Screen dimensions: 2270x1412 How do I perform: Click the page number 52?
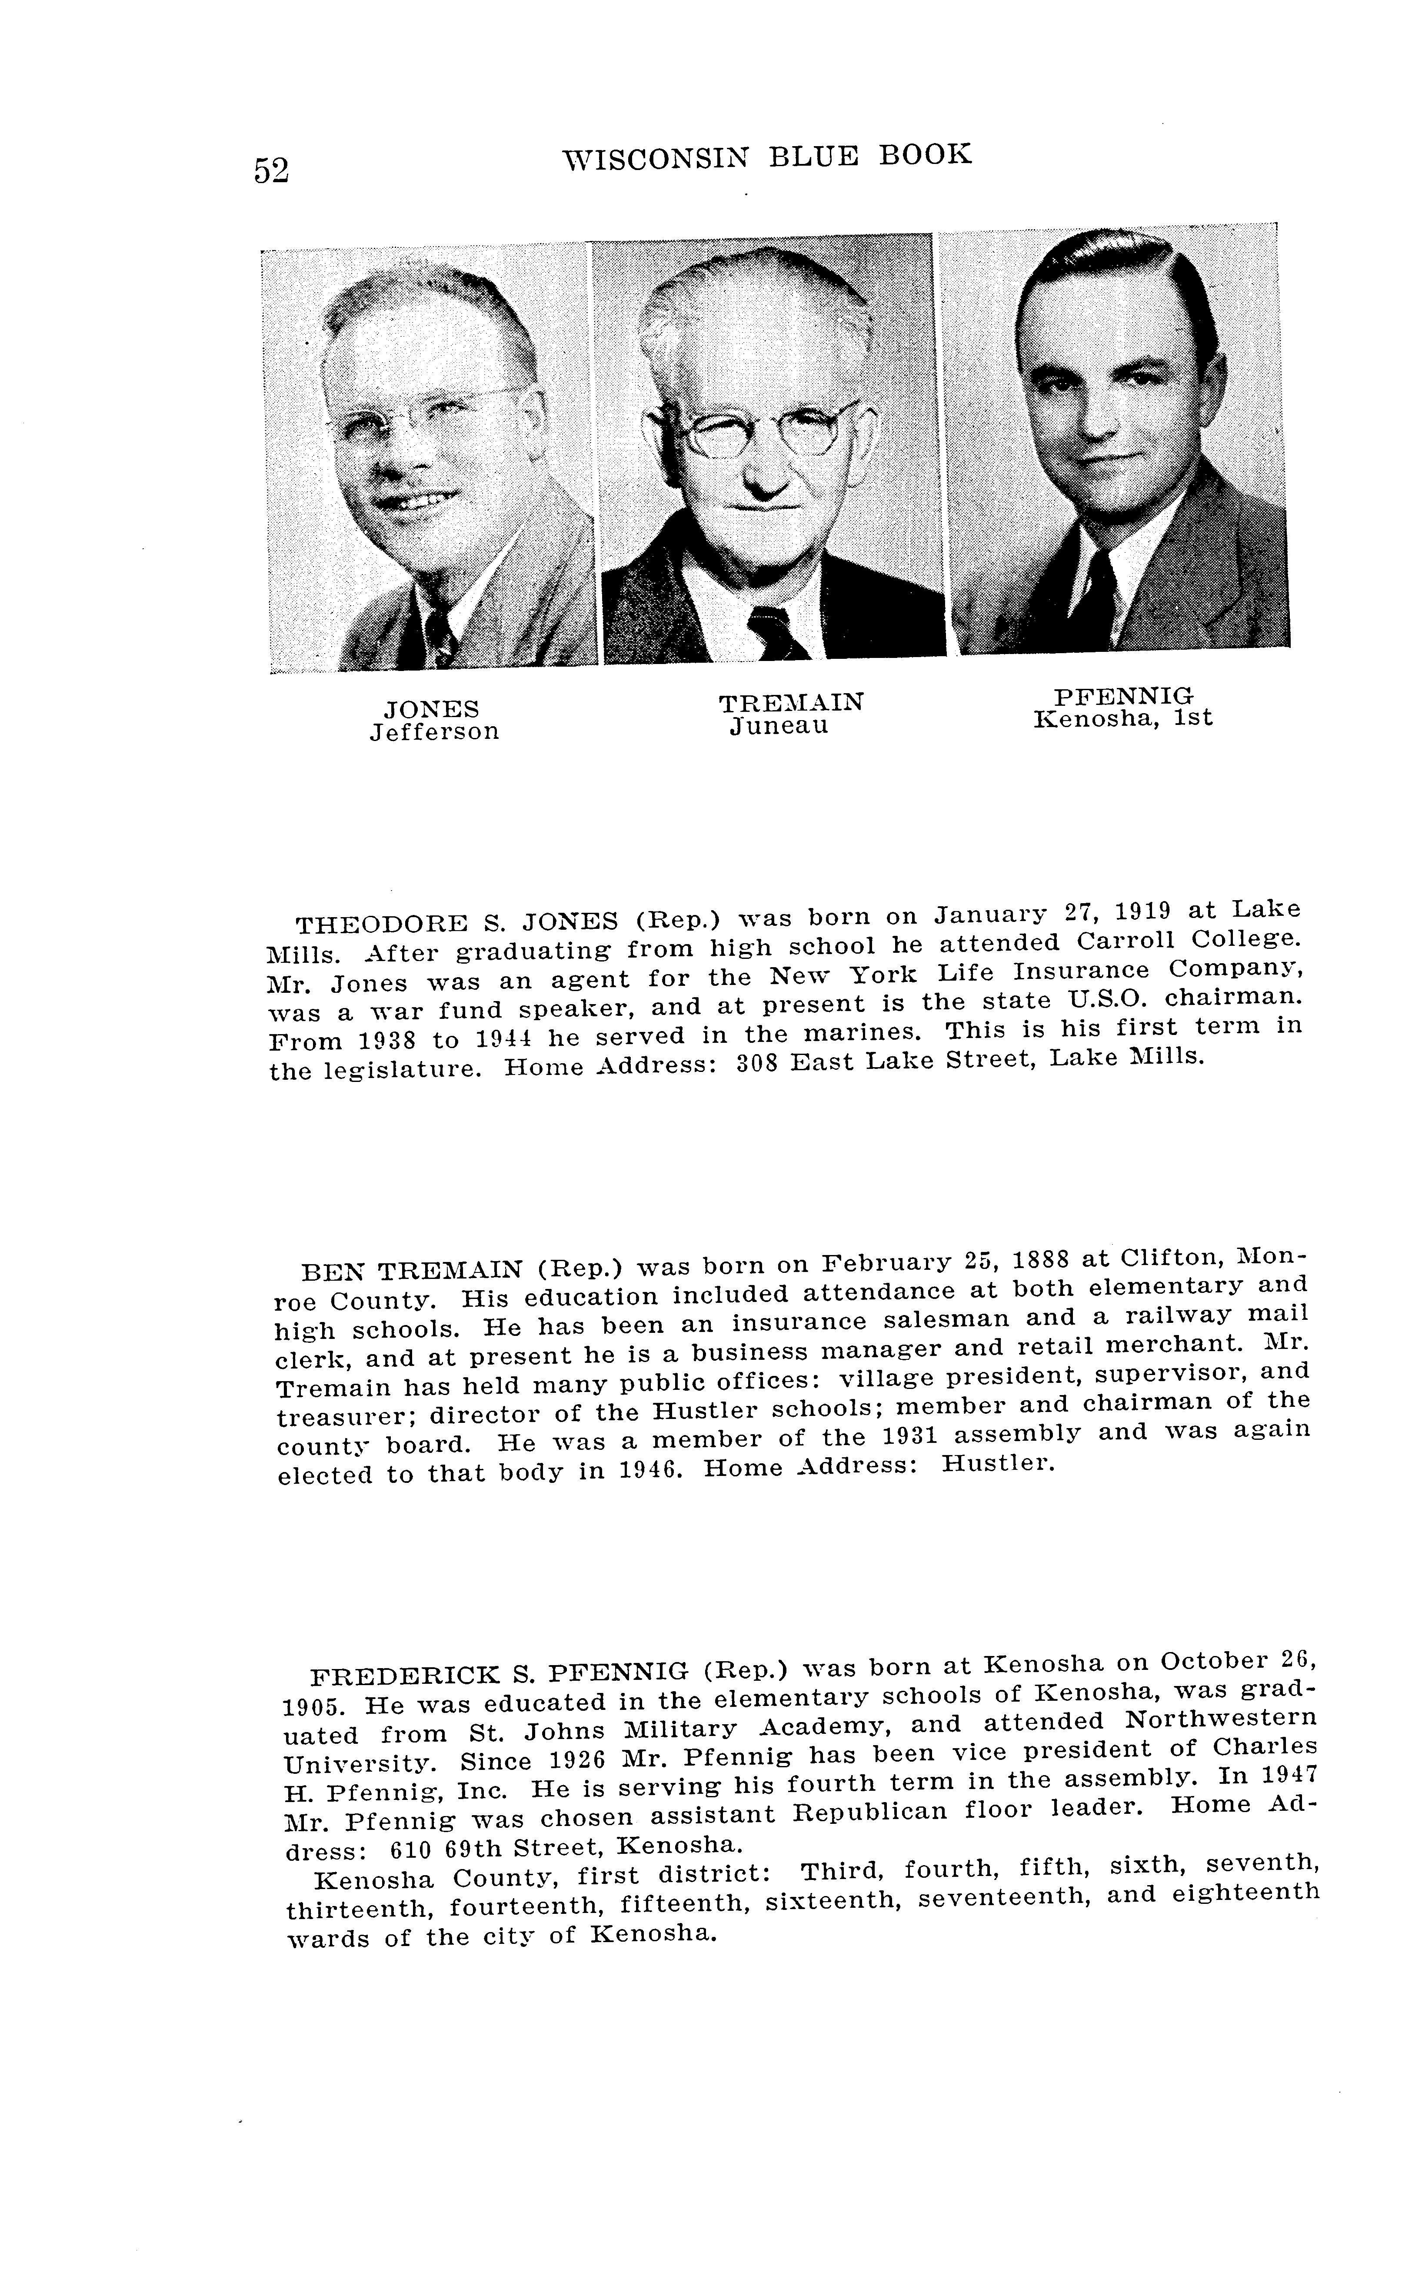pyautogui.click(x=271, y=171)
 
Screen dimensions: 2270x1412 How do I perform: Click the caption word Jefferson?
pyautogui.click(x=434, y=732)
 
